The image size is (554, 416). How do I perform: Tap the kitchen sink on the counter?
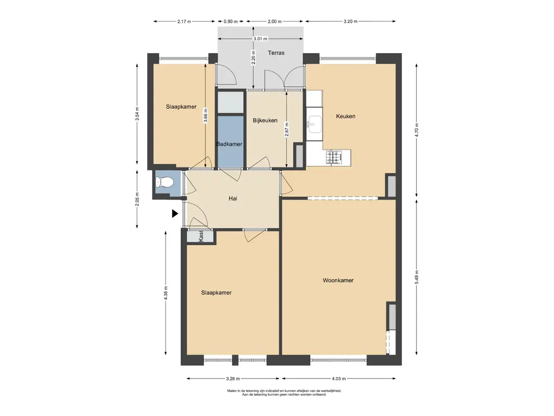coord(314,124)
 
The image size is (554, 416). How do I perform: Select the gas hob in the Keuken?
coord(334,158)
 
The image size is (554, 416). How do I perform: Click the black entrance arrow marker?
coord(175,213)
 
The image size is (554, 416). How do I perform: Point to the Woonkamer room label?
coord(338,281)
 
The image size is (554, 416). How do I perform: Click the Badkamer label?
coord(229,144)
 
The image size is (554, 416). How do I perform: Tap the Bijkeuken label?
coord(265,121)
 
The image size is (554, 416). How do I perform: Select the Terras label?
coord(276,53)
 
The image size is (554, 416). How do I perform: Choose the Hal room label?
coord(233,199)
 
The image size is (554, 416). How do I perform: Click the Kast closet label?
coord(201,236)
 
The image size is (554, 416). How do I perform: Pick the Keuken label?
coord(346,116)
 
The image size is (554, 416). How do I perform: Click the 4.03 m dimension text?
coord(339,379)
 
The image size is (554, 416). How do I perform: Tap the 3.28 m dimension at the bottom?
coord(233,379)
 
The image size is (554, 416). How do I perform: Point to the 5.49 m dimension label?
coord(417,277)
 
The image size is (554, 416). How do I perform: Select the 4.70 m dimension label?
coord(417,130)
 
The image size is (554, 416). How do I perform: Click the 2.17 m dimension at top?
coord(184,21)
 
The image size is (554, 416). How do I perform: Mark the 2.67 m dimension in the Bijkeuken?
coord(287,129)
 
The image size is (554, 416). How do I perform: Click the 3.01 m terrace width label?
coord(260,38)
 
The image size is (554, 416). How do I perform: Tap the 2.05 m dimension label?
coord(137,199)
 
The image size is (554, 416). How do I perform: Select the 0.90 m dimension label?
coord(230,21)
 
